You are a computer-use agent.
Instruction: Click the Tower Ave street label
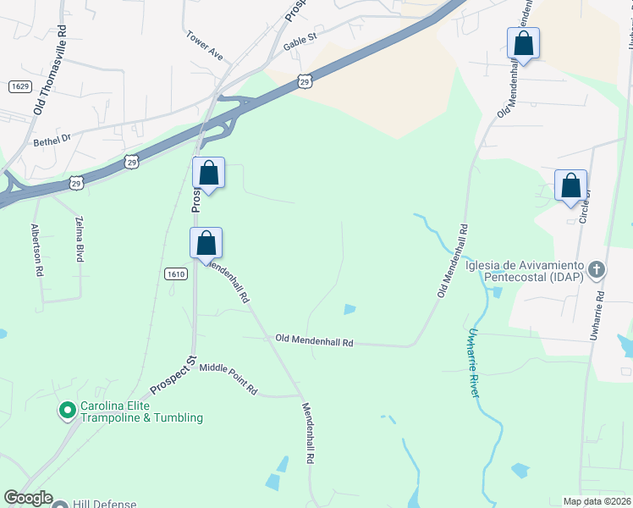coord(205,47)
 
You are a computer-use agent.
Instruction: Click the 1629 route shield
coord(20,86)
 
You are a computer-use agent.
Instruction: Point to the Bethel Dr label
coord(52,140)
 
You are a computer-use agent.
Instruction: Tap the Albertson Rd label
coord(37,251)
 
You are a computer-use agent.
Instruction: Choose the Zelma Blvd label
coord(80,239)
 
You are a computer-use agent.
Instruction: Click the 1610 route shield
coord(175,273)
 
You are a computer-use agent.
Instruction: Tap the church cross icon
coord(597,270)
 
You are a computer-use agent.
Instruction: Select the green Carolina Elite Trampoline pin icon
coord(67,411)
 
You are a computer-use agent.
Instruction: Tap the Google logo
coord(28,498)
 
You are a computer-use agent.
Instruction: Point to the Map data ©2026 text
coord(597,501)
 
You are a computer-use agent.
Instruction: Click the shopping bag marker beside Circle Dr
coord(570,186)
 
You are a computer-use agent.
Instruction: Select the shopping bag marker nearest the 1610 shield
coord(206,243)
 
